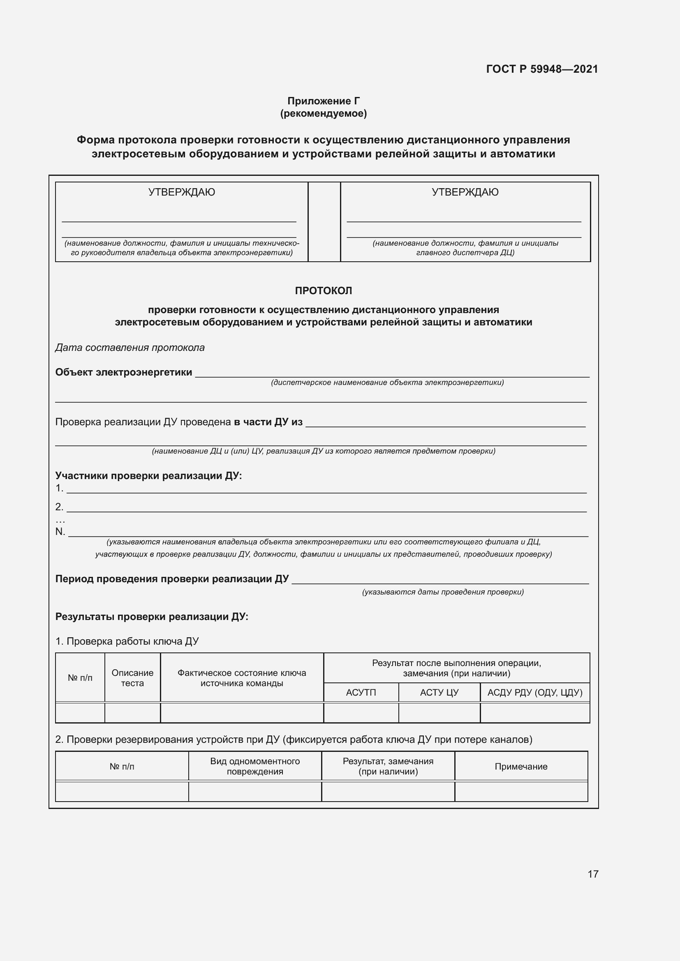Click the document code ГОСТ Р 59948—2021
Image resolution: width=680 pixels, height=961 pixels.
pyautogui.click(x=542, y=69)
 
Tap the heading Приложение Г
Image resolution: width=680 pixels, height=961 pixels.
pyautogui.click(x=323, y=101)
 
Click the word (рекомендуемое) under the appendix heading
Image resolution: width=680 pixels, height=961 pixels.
pyautogui.click(x=323, y=113)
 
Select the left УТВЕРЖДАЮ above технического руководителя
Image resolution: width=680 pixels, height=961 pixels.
pyautogui.click(x=181, y=192)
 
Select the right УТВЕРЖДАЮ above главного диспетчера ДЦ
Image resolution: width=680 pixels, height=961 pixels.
pyautogui.click(x=465, y=192)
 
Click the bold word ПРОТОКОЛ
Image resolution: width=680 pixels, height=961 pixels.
pyautogui.click(x=323, y=290)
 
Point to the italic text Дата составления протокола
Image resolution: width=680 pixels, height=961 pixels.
pyautogui.click(x=130, y=348)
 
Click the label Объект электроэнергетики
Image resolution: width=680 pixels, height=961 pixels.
pyautogui.click(x=123, y=372)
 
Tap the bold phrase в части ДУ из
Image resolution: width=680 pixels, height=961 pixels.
pyautogui.click(x=268, y=422)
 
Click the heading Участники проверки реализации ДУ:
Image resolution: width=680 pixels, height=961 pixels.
pyautogui.click(x=149, y=475)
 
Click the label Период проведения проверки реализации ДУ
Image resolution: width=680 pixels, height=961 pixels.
pyautogui.click(x=172, y=579)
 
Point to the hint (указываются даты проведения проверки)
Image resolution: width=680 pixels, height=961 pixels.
pyautogui.click(x=443, y=592)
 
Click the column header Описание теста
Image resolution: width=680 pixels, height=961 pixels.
pyautogui.click(x=132, y=678)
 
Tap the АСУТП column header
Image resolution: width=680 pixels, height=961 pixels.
pyautogui.click(x=361, y=692)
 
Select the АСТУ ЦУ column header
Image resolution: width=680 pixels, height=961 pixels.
pyautogui.click(x=439, y=692)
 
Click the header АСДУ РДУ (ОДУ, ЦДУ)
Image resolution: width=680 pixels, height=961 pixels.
pyautogui.click(x=535, y=692)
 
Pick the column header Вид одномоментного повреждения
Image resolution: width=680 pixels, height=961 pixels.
pyautogui.click(x=254, y=766)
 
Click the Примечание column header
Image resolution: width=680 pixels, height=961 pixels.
pyautogui.click(x=521, y=766)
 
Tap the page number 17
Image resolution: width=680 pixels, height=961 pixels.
pyautogui.click(x=593, y=874)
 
